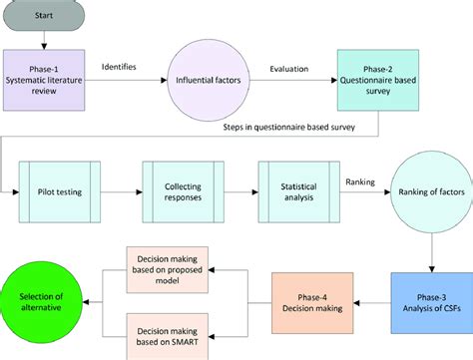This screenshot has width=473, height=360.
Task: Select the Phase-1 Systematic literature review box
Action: (46, 76)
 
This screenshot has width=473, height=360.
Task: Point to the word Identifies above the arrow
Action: (119, 67)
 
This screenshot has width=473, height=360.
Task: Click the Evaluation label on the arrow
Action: (290, 70)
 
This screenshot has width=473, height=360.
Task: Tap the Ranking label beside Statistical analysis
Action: (360, 180)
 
